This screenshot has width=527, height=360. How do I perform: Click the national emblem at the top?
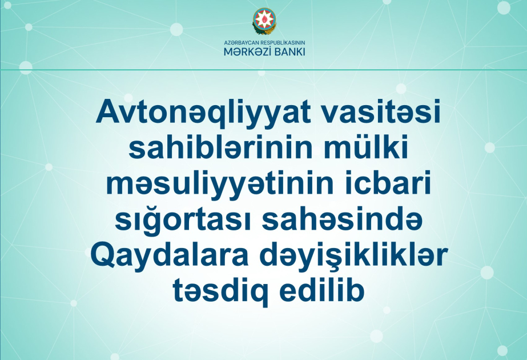[263, 21]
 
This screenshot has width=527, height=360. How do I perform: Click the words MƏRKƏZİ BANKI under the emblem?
[263, 51]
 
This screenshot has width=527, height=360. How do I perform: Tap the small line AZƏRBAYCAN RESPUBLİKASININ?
[263, 42]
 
